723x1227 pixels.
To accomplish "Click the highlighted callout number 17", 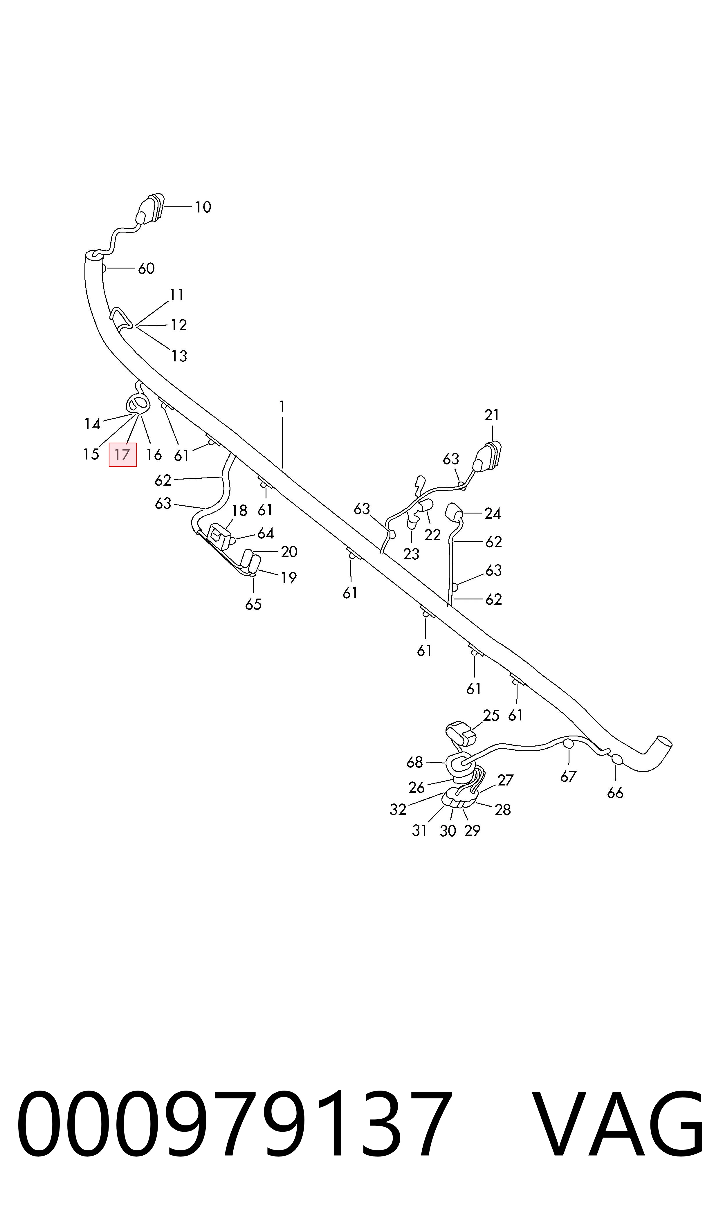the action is click(x=122, y=455).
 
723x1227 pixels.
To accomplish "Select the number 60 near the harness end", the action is click(x=146, y=269).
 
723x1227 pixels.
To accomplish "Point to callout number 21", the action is click(x=492, y=415).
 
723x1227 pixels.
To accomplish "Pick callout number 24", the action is click(x=493, y=513).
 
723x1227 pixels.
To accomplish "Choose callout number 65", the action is click(x=253, y=604).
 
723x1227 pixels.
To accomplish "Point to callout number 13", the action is click(x=179, y=356).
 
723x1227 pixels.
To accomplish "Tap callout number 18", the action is click(x=239, y=511).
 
